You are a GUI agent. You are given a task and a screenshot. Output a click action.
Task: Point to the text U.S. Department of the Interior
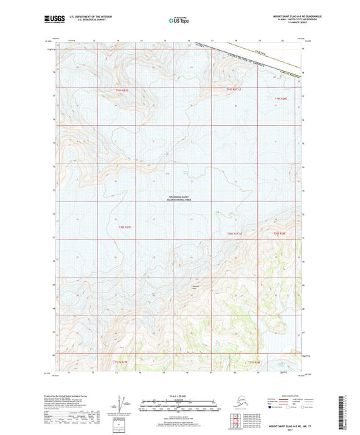pyautogui.click(x=87, y=16)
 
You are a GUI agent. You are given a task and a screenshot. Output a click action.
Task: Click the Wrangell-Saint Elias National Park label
pyautogui.click(x=182, y=197)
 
